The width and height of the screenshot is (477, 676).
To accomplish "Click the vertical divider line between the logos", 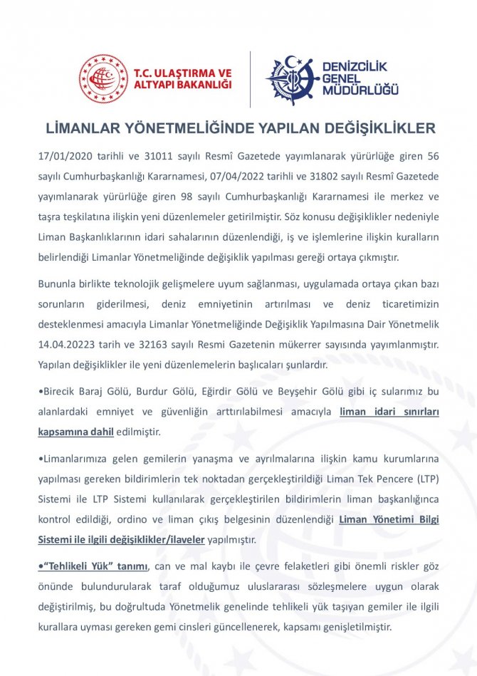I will click(x=250, y=79).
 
